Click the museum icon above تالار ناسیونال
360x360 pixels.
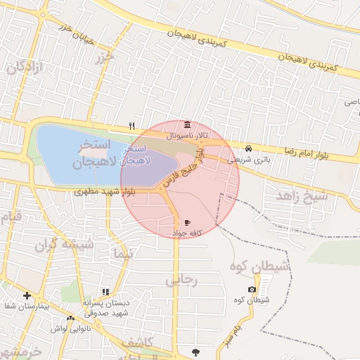(186, 124)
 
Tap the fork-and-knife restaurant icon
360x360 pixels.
(131, 127)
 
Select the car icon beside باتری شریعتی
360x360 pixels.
(249, 149)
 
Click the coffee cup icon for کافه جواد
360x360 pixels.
(187, 222)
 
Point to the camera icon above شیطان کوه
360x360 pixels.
(252, 290)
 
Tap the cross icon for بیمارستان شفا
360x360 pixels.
(27, 295)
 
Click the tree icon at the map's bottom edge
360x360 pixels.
(195, 352)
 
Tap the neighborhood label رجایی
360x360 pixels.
(182, 280)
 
